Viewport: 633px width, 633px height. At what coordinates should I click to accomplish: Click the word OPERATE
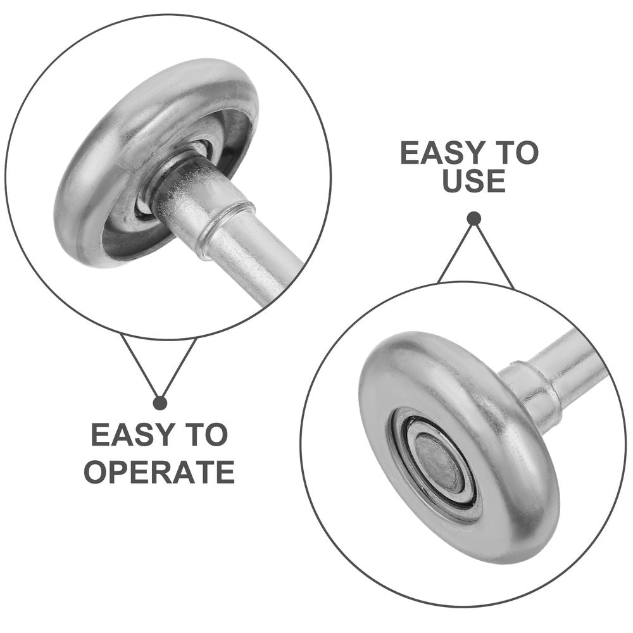coord(159,472)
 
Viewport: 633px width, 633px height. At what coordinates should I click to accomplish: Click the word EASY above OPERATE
coord(127,434)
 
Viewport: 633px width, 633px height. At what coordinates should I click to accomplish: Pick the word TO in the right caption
coord(515,153)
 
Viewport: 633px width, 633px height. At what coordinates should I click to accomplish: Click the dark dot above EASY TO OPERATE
coord(160,403)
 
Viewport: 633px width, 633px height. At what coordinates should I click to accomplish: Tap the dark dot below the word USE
coord(474,219)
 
